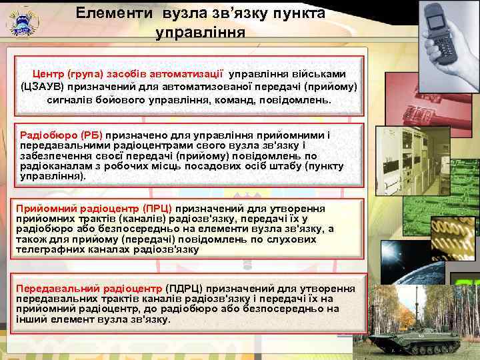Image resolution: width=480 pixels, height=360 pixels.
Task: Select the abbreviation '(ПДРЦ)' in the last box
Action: pyautogui.click(x=183, y=289)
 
